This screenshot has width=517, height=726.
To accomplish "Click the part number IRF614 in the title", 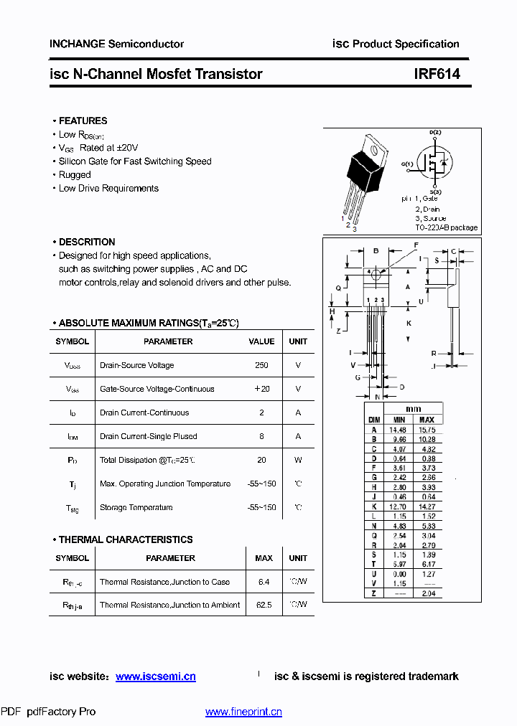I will click(437, 74).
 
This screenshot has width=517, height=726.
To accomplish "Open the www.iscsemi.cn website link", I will click(156, 676).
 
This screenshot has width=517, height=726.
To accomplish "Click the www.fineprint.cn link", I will click(243, 712).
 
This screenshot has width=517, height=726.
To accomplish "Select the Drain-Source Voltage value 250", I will click(261, 365).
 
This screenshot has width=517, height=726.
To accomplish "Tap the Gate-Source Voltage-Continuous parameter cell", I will click(157, 389).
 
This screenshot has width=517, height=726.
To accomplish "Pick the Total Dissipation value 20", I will click(261, 460).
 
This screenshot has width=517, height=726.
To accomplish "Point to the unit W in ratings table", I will click(298, 460).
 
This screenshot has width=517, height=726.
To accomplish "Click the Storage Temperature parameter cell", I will click(136, 507).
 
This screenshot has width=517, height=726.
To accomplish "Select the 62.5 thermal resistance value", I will click(264, 605).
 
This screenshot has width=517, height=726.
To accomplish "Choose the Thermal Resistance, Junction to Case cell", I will click(164, 582).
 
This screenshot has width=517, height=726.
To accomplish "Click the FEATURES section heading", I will click(83, 121).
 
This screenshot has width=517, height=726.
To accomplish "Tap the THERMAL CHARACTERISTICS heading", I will click(126, 539).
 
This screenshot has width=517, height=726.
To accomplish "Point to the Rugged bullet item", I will click(75, 174).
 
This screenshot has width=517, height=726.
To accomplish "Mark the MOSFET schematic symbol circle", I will click(434, 164).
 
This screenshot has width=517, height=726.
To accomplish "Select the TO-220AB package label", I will click(446, 227).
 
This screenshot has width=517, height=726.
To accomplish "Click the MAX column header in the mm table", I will click(427, 420).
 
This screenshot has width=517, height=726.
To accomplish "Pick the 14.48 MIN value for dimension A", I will click(398, 430).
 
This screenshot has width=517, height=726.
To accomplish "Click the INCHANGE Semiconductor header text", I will click(116, 44).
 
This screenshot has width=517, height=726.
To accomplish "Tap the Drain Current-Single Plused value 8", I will click(261, 436).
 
